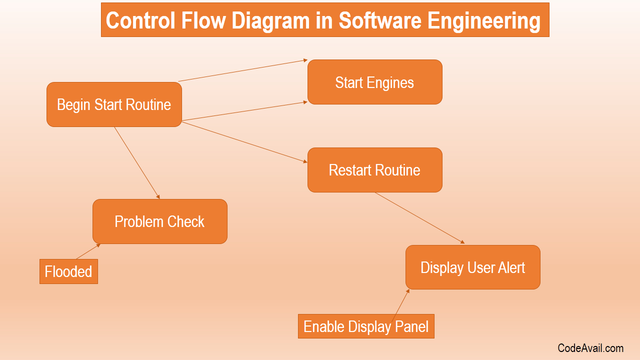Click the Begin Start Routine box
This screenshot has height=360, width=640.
click(114, 104)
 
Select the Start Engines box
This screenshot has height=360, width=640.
click(375, 82)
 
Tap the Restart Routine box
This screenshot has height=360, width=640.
click(375, 170)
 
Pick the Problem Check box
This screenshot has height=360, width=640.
click(160, 221)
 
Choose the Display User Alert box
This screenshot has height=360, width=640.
click(473, 267)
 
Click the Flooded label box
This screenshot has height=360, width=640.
click(68, 271)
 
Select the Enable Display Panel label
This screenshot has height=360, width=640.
click(366, 326)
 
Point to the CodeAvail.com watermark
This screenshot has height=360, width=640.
click(590, 348)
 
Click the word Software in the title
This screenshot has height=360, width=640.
click(380, 20)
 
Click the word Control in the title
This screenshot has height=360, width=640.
click(140, 20)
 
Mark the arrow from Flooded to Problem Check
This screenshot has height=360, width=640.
click(88, 251)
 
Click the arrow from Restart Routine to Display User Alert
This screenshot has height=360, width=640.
click(419, 218)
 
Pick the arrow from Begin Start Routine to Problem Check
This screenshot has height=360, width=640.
click(137, 163)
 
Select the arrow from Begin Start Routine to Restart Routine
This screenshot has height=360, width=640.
click(244, 142)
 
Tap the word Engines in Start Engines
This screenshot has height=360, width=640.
click(390, 83)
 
